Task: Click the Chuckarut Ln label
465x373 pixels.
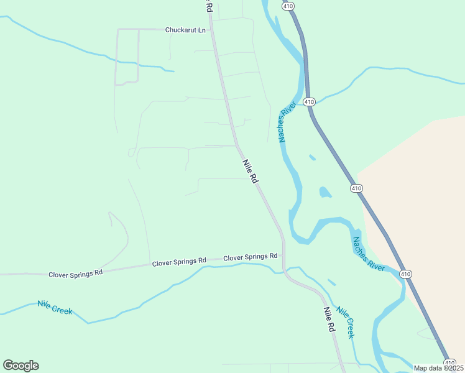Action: (x=185, y=30)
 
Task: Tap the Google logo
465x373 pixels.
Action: (x=21, y=366)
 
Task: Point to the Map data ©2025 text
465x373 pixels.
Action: (x=438, y=368)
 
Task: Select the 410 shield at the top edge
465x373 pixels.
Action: (x=287, y=6)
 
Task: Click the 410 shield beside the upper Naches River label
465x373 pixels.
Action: (x=310, y=102)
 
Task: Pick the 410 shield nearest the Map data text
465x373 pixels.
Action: (x=448, y=362)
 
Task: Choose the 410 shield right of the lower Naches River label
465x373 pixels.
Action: (x=405, y=274)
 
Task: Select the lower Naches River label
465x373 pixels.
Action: (x=369, y=254)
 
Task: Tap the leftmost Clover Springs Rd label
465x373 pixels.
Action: (x=75, y=274)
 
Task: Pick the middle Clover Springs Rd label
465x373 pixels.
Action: (x=179, y=262)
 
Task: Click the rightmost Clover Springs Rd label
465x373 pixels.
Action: (x=250, y=257)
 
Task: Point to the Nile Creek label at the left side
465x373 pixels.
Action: (x=55, y=306)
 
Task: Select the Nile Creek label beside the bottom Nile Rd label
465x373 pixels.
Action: (x=346, y=322)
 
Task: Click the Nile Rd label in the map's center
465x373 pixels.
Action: (x=249, y=170)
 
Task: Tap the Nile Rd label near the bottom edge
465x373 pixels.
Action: (x=329, y=318)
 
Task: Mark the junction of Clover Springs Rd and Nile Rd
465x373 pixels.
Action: (x=283, y=254)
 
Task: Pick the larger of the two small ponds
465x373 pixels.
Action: (x=325, y=192)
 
